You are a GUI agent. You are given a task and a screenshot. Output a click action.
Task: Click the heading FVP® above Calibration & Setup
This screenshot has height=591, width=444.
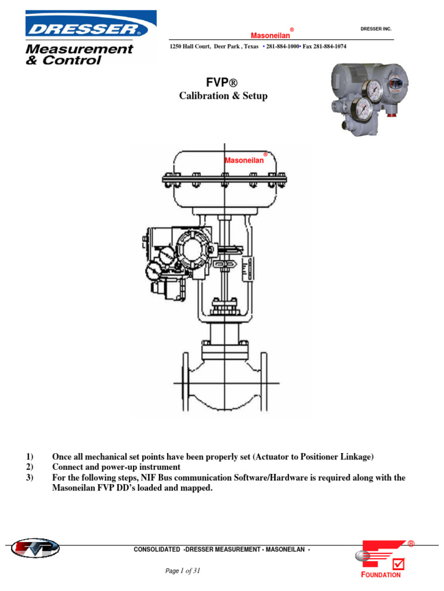[x=223, y=83]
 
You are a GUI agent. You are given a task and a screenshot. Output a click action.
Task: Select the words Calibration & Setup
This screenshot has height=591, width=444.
[x=223, y=96]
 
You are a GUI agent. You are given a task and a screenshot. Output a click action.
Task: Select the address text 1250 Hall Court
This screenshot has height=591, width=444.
[x=191, y=46]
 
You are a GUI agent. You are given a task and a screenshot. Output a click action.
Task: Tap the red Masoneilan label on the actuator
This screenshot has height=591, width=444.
[x=244, y=160]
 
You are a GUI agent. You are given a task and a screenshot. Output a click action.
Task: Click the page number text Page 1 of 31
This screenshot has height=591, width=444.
[x=182, y=571]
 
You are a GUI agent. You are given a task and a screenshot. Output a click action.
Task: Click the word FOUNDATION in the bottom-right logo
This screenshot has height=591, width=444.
[x=380, y=575]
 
